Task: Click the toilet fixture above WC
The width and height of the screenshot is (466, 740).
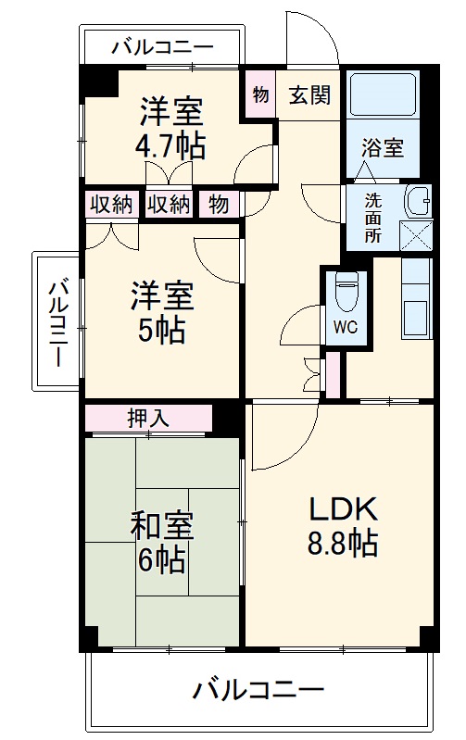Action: [x=345, y=292]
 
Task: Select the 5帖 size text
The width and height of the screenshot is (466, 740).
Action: [x=162, y=329]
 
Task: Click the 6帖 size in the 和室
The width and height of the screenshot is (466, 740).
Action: [x=162, y=559]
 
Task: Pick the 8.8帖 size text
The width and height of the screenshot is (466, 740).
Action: [x=342, y=544]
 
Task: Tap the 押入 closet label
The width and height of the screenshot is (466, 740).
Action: [x=148, y=418]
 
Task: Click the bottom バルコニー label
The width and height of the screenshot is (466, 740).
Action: [x=258, y=690]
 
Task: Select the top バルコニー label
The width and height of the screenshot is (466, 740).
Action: [x=162, y=46]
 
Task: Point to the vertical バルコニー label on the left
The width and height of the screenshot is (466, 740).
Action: [x=57, y=320]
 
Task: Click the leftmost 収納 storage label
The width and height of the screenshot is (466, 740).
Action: [x=111, y=205]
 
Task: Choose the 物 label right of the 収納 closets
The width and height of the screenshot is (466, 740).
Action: [x=219, y=205]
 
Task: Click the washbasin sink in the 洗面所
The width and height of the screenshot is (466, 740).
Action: [x=418, y=198]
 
